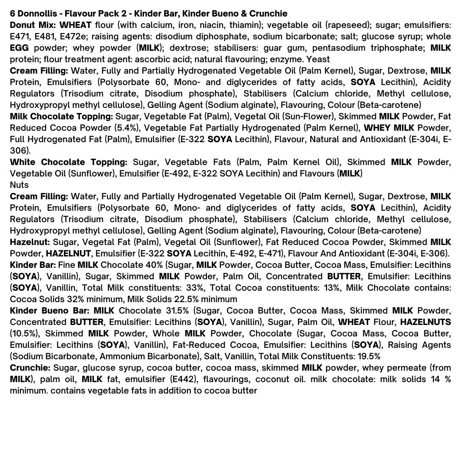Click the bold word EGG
tap(19, 48)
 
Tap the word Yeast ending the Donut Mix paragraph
tap(318, 59)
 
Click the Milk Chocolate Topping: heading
tap(61, 116)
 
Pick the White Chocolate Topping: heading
tap(69, 162)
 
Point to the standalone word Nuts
tap(19, 185)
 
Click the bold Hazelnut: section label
tap(30, 242)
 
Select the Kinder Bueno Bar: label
tap(50, 311)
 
